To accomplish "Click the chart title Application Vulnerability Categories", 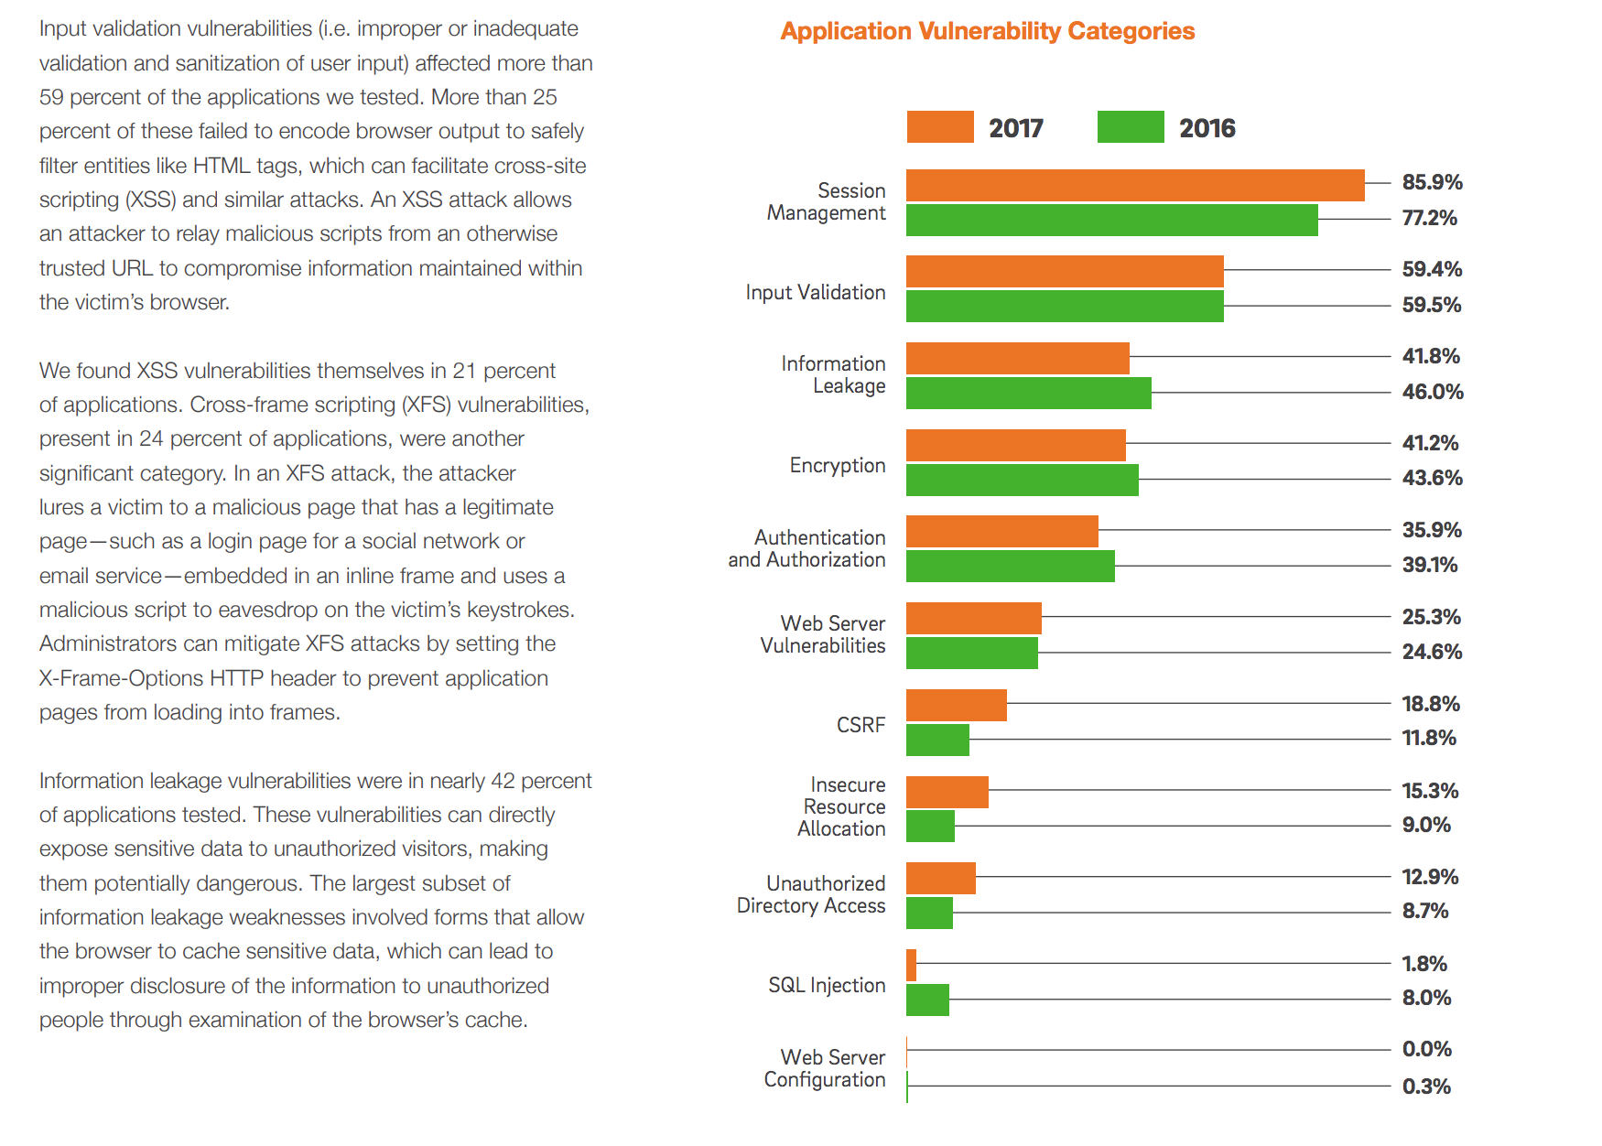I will [x=987, y=31].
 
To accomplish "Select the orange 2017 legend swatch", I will [x=939, y=127].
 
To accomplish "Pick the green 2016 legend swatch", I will [x=1131, y=127].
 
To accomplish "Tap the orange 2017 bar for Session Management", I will [x=1135, y=185].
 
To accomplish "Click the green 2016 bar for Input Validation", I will [x=1065, y=306].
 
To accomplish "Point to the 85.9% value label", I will [x=1432, y=182].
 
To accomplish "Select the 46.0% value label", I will [x=1432, y=392].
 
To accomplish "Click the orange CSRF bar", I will [x=956, y=705].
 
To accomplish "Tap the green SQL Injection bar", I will [x=927, y=1000].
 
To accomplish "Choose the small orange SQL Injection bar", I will [x=911, y=965].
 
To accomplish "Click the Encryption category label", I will [x=838, y=465].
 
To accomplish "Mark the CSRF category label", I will [x=861, y=725].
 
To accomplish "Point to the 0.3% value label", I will [x=1426, y=1087].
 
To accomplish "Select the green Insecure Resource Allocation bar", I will [x=930, y=826].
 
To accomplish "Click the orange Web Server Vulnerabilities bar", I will [x=973, y=618].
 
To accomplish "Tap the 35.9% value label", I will [x=1432, y=530].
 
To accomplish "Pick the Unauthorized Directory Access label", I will [x=811, y=894].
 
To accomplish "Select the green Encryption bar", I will [x=1022, y=480].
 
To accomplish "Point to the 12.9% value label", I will [x=1430, y=877].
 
